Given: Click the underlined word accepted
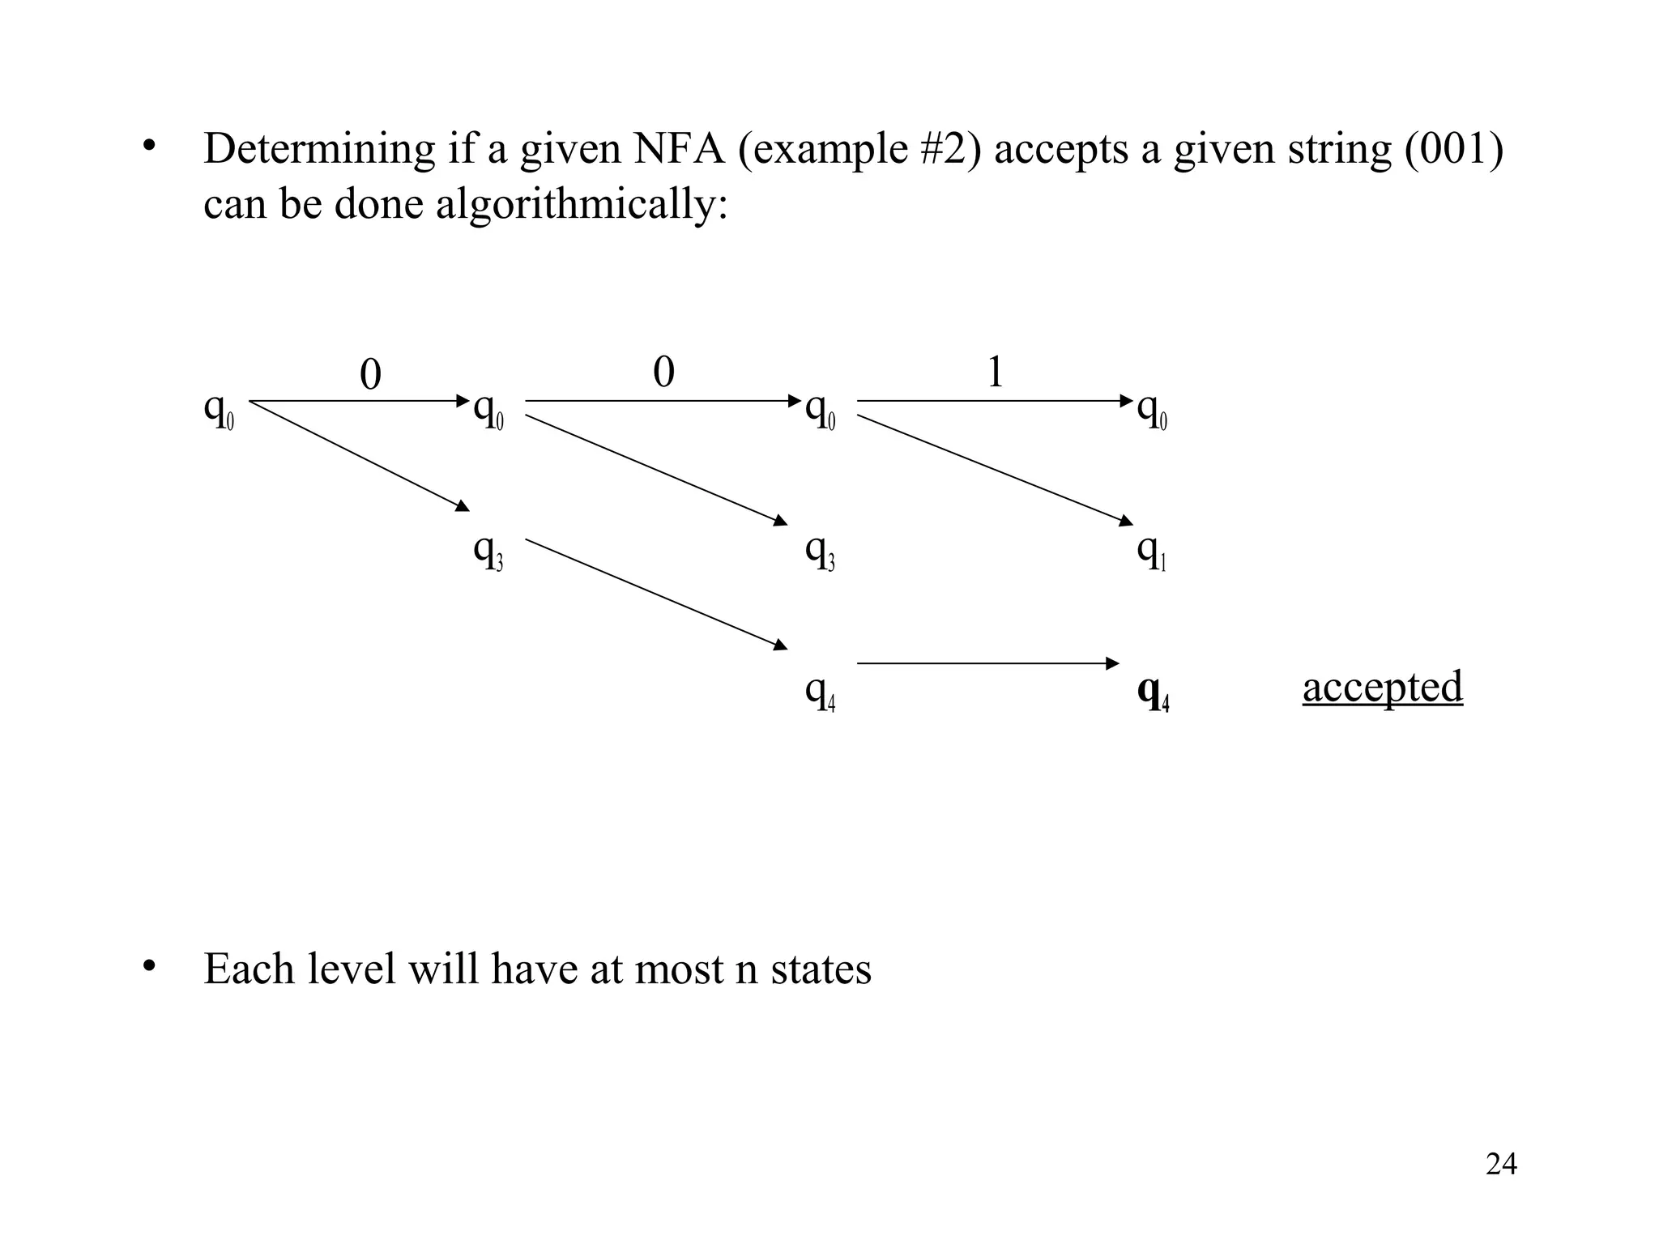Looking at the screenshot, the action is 1382,688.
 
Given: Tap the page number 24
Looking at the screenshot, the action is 1501,1164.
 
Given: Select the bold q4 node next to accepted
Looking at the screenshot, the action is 1153,692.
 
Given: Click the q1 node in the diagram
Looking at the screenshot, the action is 1151,552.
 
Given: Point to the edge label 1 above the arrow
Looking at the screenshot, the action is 996,373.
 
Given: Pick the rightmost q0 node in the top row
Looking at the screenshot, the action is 1151,411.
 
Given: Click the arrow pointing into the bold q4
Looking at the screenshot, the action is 988,663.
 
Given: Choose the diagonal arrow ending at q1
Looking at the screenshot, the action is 995,470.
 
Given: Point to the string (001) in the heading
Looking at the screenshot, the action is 1453,149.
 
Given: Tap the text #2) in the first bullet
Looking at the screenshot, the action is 953,149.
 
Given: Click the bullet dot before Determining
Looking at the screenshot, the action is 147,146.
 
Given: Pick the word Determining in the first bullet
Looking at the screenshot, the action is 319,149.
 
